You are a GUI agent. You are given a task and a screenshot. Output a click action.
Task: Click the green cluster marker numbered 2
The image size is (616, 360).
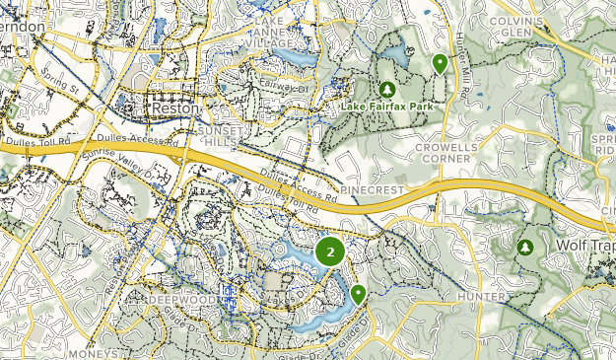click(329, 252)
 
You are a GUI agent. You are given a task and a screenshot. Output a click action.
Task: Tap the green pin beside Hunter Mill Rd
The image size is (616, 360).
click(440, 64)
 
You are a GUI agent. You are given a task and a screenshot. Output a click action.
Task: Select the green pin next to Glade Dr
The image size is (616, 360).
click(358, 293)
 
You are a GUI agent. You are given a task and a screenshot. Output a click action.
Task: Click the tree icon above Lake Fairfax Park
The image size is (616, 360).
click(387, 90)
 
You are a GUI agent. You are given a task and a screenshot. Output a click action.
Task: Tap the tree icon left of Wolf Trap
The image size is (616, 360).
click(526, 247)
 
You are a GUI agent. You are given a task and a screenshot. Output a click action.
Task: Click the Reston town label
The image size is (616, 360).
click(174, 107)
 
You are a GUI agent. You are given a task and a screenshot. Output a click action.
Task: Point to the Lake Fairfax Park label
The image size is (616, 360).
click(388, 107)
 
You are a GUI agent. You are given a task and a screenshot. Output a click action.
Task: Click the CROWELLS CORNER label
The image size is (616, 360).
click(446, 153)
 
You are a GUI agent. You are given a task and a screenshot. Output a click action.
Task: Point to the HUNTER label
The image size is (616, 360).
click(483, 296)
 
